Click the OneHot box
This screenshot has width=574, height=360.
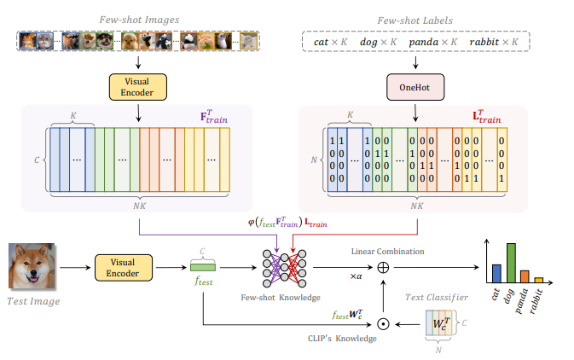[x=416, y=87]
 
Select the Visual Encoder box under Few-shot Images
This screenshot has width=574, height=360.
[x=137, y=86]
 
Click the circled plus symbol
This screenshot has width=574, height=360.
[x=383, y=266]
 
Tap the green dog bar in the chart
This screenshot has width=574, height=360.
[x=511, y=263]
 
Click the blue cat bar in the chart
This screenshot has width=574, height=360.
[x=496, y=273]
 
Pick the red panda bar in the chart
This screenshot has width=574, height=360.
[x=525, y=276]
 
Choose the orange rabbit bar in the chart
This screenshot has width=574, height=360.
[x=538, y=279]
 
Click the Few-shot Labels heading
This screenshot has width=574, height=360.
[x=415, y=18]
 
